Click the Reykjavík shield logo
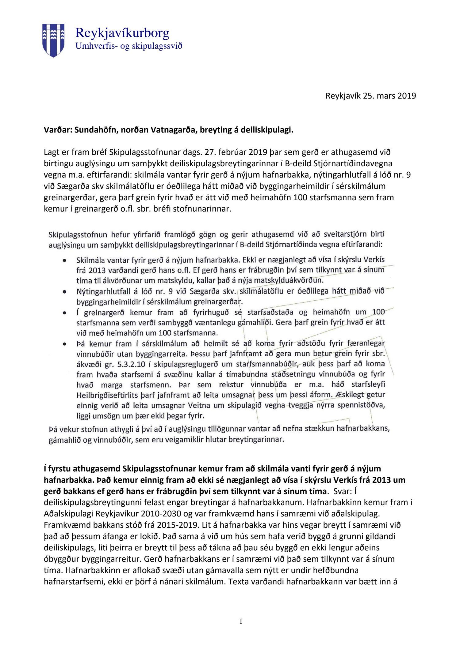[x=53, y=40]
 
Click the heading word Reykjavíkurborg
[x=122, y=33]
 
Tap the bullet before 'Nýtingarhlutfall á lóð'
[x=64, y=291]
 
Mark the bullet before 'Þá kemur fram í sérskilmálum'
[x=64, y=344]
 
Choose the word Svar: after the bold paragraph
[x=342, y=491]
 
